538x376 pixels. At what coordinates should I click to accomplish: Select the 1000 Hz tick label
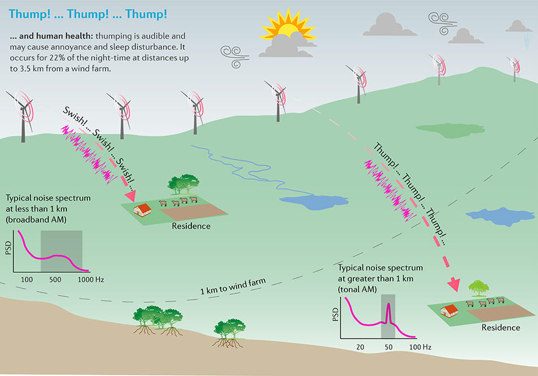point(91,280)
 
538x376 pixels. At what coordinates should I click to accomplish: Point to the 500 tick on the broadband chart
point(55,280)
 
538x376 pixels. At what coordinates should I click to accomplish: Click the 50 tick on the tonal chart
point(388,347)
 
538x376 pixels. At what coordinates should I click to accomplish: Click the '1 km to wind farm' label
point(233,286)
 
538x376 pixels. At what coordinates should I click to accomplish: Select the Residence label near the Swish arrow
point(191,226)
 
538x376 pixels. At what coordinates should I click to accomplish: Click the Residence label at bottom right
point(501,327)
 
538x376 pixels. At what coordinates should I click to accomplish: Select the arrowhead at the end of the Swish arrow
point(130,196)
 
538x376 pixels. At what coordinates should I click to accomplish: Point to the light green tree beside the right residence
point(479,288)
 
